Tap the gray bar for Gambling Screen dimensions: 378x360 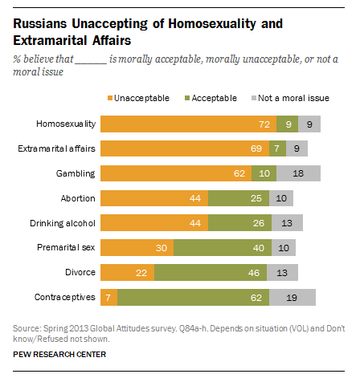click(298, 174)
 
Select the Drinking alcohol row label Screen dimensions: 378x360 click(63, 224)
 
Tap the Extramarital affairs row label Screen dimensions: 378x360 click(57, 149)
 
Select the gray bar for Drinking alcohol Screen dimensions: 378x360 click(287, 224)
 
